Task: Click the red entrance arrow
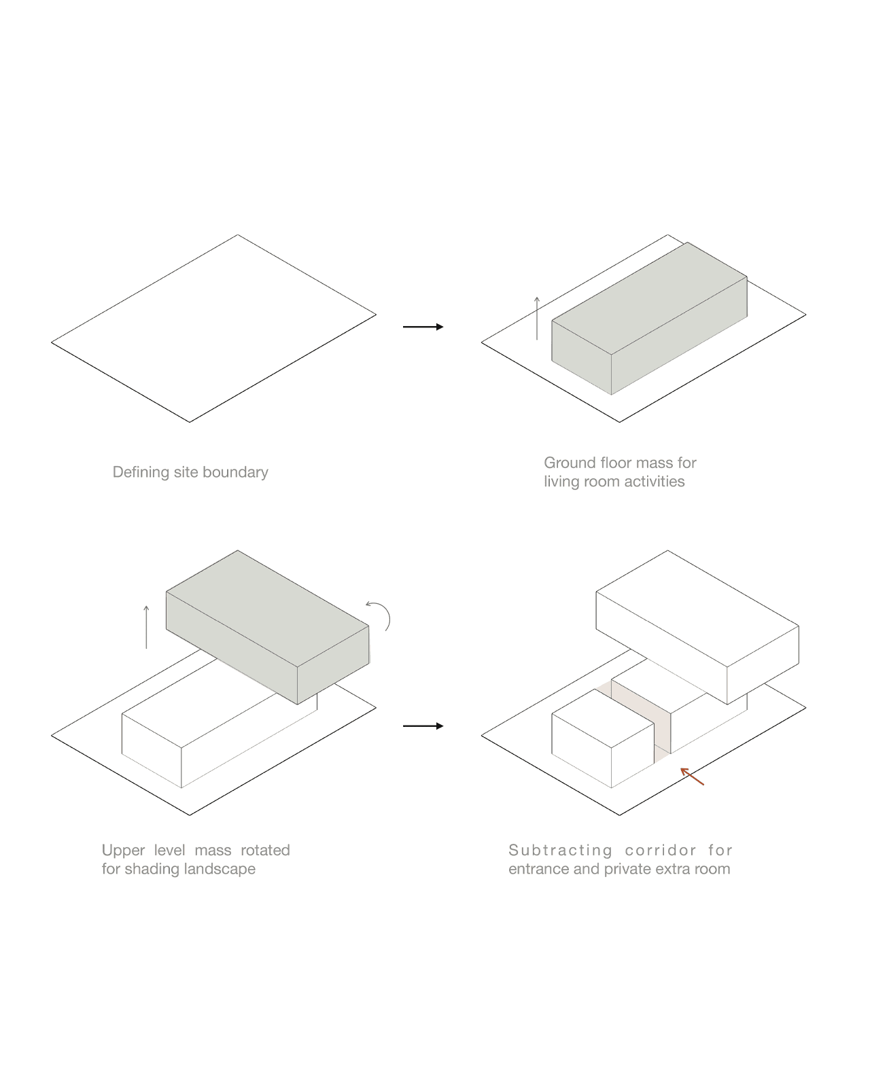click(x=692, y=777)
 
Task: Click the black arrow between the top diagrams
click(x=423, y=327)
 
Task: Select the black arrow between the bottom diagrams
click(x=423, y=726)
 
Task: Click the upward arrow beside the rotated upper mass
click(x=146, y=626)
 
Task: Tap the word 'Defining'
click(x=141, y=472)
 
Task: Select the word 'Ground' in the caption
click(x=570, y=463)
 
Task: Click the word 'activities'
click(x=655, y=482)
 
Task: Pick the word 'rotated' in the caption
click(x=265, y=850)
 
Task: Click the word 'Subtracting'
click(x=561, y=850)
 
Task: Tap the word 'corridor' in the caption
click(x=661, y=850)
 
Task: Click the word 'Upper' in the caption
click(x=123, y=850)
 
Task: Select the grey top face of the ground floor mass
click(x=649, y=299)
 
